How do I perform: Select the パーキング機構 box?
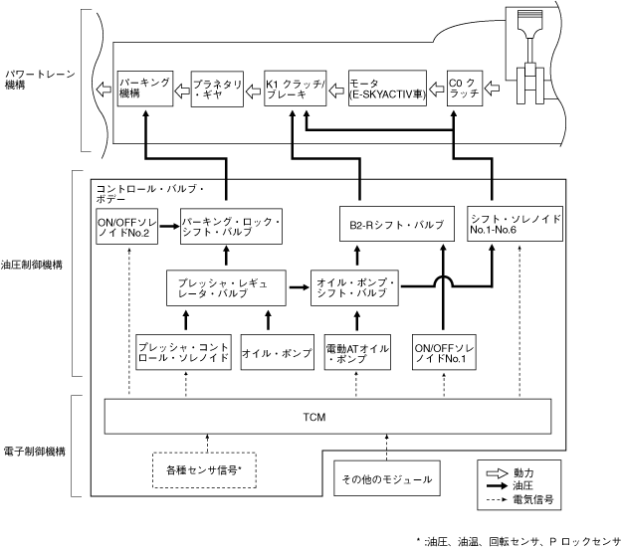pos(143,91)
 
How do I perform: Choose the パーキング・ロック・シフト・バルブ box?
pos(230,225)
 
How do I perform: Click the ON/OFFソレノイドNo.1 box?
pos(445,352)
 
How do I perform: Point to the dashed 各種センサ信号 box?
pos(207,468)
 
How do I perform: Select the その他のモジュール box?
pos(385,479)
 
